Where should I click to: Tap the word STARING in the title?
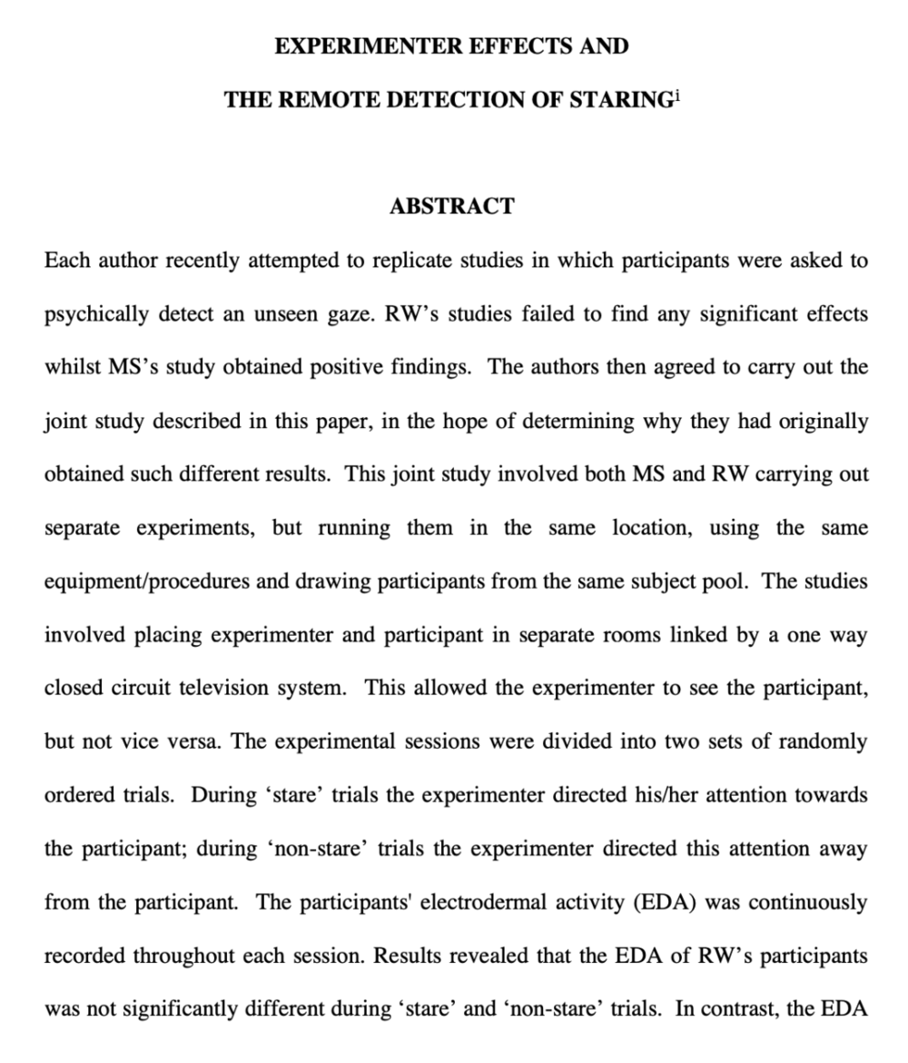click(x=619, y=100)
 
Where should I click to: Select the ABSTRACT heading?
click(x=452, y=206)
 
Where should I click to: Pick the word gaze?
click(x=340, y=314)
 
